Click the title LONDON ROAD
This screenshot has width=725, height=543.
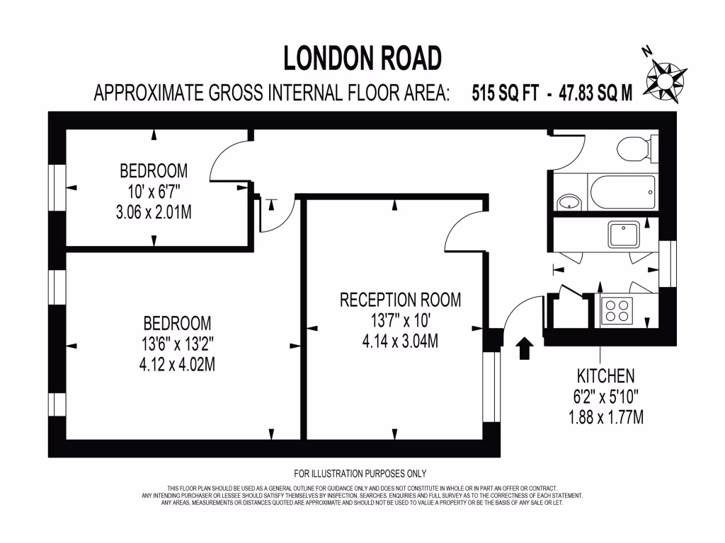(x=362, y=58)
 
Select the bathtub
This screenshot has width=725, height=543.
(x=623, y=192)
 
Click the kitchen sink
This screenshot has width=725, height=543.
(x=624, y=233)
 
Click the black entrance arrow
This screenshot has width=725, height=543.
(x=525, y=348)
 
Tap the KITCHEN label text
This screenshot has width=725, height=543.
(x=605, y=376)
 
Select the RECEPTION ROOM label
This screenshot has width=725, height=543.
(x=400, y=300)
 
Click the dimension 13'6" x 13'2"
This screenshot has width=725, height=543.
(x=177, y=344)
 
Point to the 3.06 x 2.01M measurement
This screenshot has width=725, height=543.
(x=154, y=211)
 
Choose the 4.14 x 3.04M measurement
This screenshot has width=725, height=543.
(x=400, y=341)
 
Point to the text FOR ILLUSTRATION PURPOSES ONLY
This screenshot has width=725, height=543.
(x=360, y=474)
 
